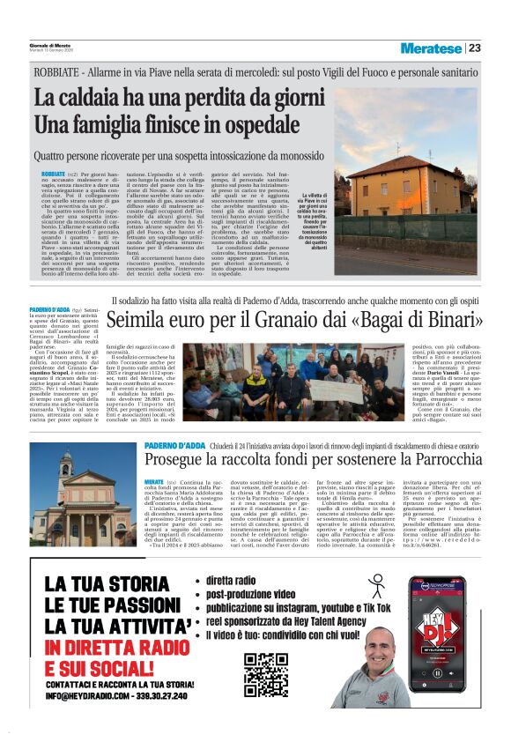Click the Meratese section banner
point(431,48)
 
